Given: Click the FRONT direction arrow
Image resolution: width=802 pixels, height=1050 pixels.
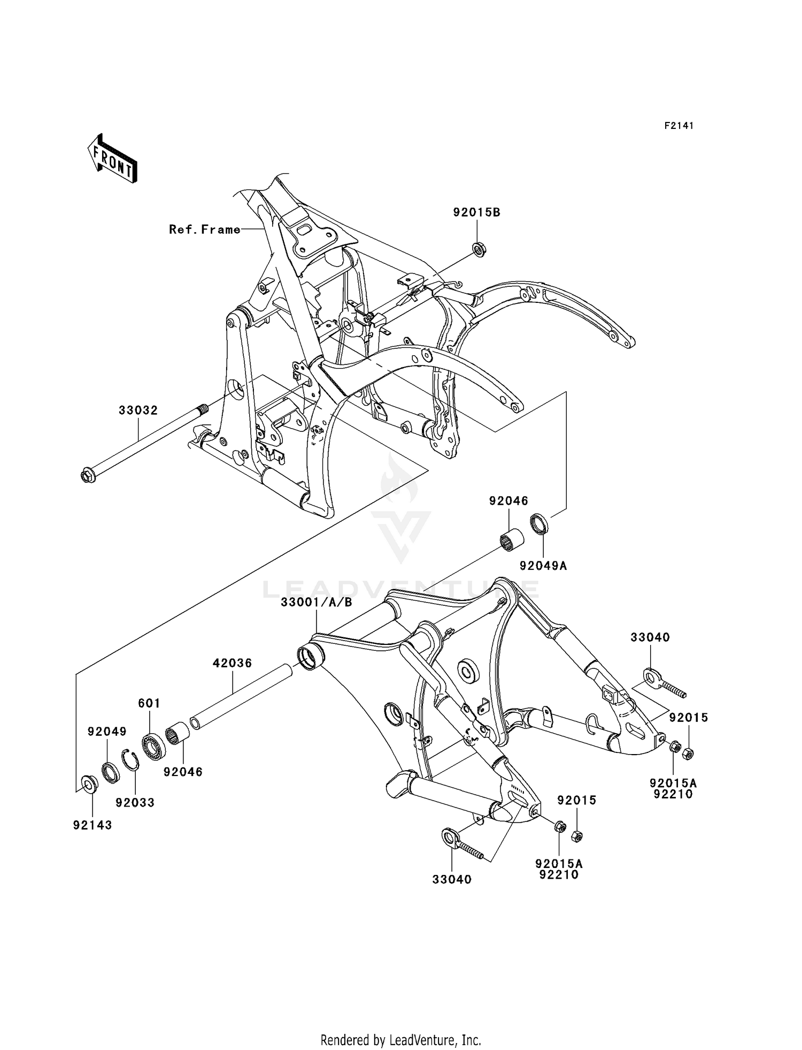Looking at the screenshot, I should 113,159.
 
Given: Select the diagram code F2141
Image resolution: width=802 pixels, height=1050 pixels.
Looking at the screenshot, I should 678,126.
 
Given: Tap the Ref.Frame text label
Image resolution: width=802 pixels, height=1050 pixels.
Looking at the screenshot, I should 205,230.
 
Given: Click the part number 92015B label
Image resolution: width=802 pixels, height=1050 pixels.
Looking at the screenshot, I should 477,212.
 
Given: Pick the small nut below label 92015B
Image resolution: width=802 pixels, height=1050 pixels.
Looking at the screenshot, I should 479,249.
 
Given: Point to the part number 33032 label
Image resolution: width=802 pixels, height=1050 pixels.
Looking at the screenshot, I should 138,410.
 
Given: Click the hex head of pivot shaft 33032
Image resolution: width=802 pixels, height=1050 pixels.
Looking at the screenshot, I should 88,475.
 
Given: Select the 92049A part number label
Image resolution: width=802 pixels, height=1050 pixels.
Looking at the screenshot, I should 543,565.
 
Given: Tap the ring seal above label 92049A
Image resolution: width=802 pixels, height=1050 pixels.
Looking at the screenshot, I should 539,523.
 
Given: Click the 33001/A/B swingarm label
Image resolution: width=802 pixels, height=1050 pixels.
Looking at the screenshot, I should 317,603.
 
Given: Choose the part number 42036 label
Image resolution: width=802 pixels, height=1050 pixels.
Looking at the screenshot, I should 232,663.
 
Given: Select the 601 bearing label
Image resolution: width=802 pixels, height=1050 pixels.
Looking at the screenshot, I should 149,703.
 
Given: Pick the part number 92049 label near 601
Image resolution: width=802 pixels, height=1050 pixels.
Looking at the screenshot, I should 107,731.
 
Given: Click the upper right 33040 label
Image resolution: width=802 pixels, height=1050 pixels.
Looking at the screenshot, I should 650,637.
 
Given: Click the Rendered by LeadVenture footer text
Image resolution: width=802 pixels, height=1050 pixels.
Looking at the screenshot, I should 400,1040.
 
